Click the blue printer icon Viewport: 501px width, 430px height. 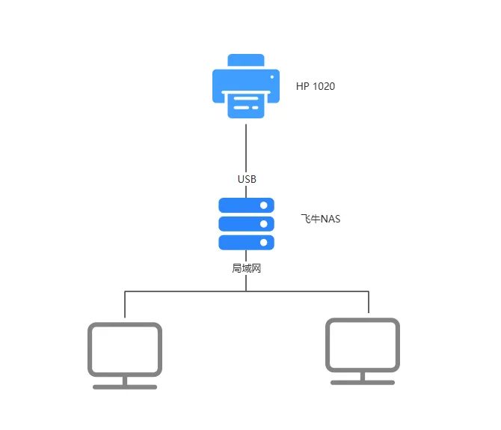coord(246,86)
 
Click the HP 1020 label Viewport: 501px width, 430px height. coord(316,86)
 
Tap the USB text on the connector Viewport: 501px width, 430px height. coord(247,179)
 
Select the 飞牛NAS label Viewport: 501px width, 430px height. coord(321,219)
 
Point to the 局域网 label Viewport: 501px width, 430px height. coord(246,268)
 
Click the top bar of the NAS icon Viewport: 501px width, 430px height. coord(246,205)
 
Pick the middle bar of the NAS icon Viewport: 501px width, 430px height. coord(246,224)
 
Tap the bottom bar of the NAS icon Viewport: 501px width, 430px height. coord(246,243)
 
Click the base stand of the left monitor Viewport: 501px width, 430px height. coord(125,387)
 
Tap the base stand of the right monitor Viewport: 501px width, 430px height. coord(363,383)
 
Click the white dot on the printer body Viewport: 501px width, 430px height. coord(272,77)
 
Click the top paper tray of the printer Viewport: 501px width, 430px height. coord(246,60)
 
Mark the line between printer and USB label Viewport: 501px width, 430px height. coord(246,148)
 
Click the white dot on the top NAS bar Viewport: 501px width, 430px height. coord(264,205)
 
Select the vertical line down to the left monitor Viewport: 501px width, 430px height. coord(125,304)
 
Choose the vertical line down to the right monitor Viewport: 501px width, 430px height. coord(369,302)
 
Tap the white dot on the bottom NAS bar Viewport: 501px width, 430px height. coord(264,243)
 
